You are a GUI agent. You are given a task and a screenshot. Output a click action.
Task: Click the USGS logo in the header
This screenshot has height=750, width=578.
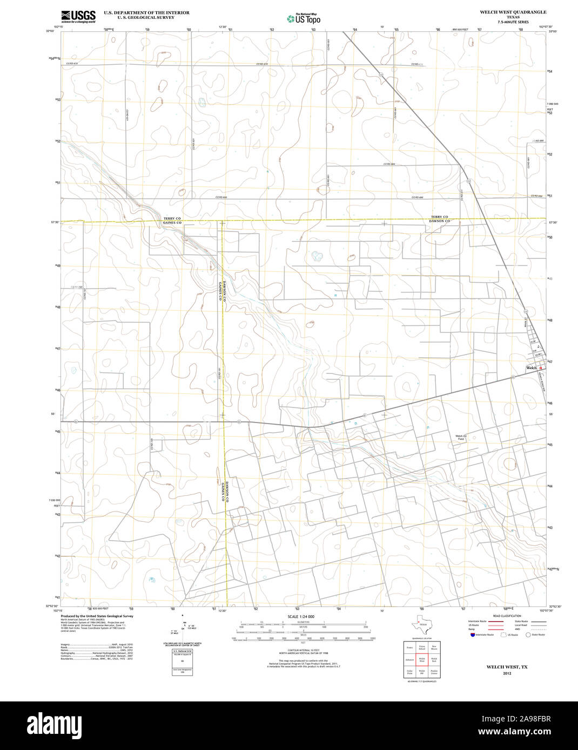78,16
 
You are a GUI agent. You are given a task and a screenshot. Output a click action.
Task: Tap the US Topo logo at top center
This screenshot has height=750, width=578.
304,18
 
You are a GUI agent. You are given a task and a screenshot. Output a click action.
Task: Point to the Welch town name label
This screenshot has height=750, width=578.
532,368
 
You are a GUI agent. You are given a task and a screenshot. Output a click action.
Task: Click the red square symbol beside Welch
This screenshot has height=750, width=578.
540,368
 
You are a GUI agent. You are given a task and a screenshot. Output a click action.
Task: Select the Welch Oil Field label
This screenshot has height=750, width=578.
461,438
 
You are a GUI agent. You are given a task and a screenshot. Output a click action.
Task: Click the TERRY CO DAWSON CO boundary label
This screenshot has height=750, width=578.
440,219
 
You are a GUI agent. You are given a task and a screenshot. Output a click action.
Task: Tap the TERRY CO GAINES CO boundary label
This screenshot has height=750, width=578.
172,220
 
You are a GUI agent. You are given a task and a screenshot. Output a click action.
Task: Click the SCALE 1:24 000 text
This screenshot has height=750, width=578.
301,616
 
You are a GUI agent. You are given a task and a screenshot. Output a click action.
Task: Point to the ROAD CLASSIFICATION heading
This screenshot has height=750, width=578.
507,616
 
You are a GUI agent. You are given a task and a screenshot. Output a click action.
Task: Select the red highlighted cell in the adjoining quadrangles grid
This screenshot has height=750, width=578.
422,659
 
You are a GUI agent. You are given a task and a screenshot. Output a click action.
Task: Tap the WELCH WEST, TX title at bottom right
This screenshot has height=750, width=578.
507,667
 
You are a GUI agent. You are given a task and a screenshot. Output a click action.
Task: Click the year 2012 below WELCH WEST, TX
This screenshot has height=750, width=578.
507,673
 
